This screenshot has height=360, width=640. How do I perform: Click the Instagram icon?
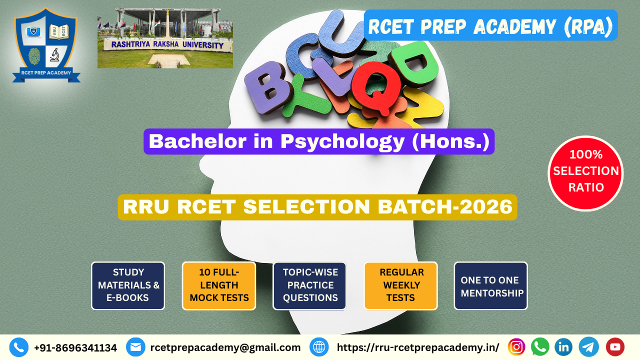(516, 347)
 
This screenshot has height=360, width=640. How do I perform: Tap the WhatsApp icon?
(540, 347)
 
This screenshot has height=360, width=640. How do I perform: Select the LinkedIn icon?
(563, 347)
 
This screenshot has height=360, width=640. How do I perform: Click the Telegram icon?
(588, 347)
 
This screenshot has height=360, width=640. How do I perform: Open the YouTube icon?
(615, 347)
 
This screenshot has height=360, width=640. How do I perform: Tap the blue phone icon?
(19, 347)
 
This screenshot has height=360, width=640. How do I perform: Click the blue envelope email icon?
(135, 347)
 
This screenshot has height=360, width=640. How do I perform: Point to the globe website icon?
(319, 347)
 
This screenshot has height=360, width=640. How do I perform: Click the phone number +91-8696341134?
(75, 347)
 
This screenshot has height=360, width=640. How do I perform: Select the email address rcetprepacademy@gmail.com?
(225, 347)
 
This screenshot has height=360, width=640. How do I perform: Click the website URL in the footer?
(418, 347)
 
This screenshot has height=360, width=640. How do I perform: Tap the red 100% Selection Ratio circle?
(585, 173)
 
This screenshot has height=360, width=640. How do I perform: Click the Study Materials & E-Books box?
(128, 285)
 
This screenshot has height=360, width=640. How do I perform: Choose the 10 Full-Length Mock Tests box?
(219, 285)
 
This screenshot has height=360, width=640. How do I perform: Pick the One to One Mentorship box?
(491, 285)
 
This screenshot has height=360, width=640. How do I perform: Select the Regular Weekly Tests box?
(400, 285)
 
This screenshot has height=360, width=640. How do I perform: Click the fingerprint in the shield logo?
(34, 56)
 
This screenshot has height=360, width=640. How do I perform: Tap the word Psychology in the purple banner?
(342, 141)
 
